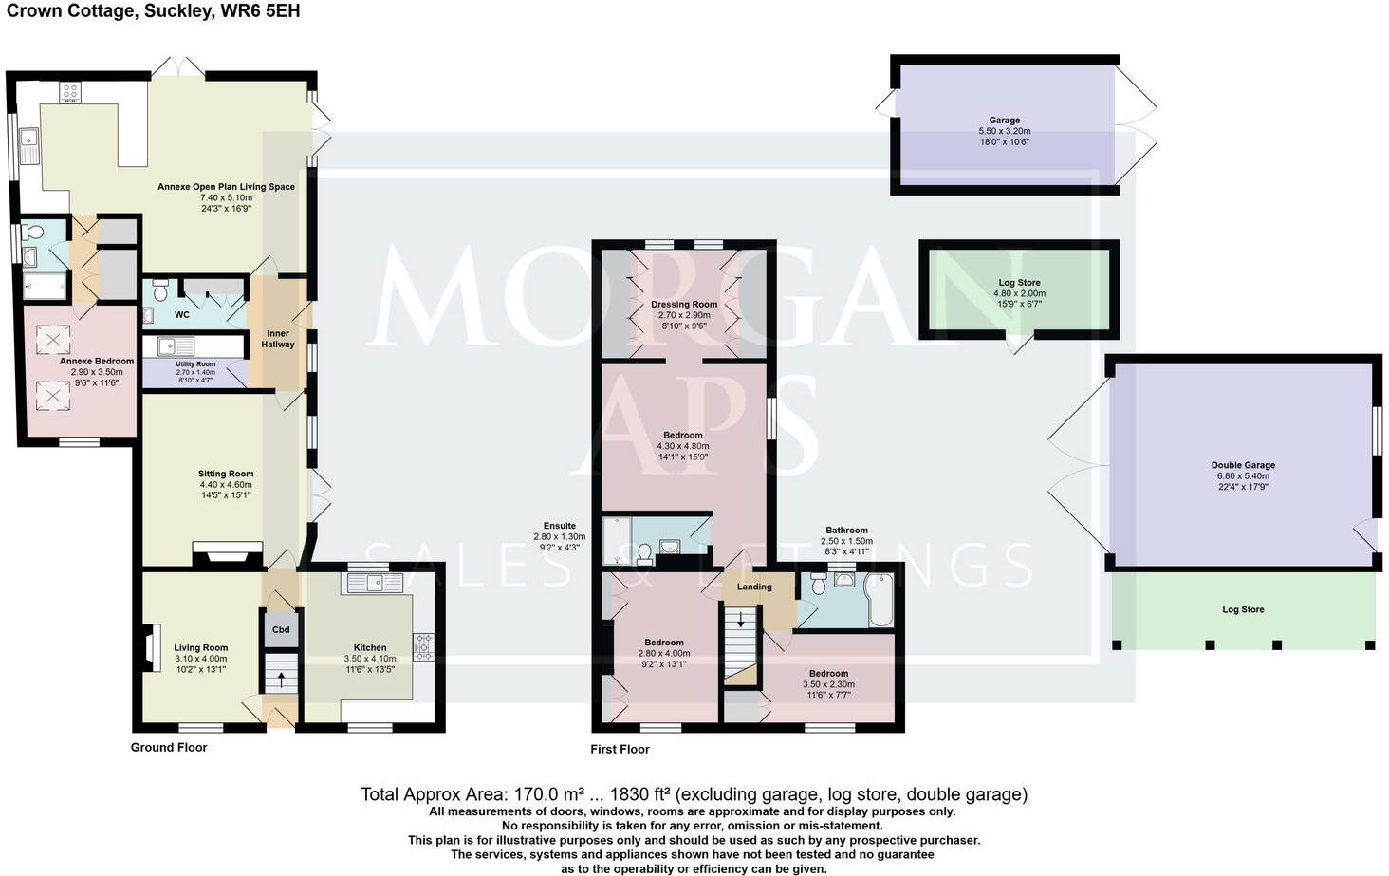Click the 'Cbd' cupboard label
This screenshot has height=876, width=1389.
pos(281,629)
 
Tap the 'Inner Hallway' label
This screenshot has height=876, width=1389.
pos(278,339)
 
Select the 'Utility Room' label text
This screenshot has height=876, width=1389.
pos(195,364)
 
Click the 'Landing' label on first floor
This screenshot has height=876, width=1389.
pos(754,587)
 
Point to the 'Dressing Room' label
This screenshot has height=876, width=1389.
pos(683,305)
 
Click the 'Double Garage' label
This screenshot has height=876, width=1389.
pos(1243,465)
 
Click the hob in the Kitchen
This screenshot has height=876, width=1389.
pos(423,646)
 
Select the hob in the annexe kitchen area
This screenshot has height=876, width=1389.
pos(70,92)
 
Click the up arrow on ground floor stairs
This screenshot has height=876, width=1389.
pos(281,680)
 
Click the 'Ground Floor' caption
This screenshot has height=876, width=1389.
pos(169,747)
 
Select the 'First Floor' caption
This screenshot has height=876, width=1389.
pos(620,749)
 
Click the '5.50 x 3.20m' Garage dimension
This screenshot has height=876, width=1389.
pos(1004,131)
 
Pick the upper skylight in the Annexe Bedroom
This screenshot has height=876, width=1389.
pos(53,339)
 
